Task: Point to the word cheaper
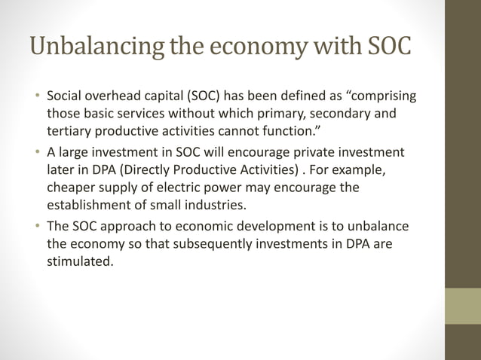[x=74, y=186]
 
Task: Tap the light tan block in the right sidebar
[x=463, y=306]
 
